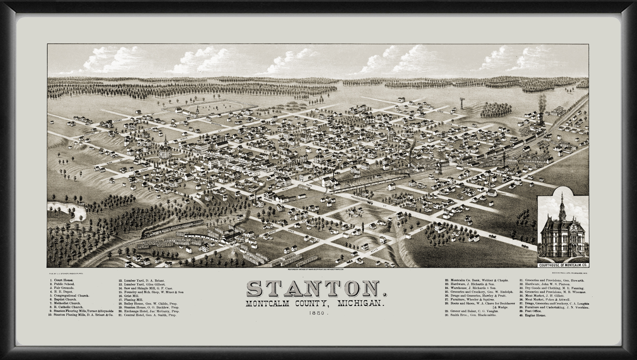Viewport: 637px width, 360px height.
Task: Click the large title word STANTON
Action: click(x=316, y=289)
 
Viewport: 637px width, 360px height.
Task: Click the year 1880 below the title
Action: click(x=317, y=314)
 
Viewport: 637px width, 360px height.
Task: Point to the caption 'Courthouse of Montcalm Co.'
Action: click(x=563, y=265)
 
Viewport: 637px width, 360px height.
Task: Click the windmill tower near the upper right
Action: click(x=461, y=103)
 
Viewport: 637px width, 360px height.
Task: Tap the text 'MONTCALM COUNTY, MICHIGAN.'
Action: click(x=316, y=304)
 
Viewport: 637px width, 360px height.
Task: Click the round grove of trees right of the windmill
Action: click(x=495, y=109)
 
